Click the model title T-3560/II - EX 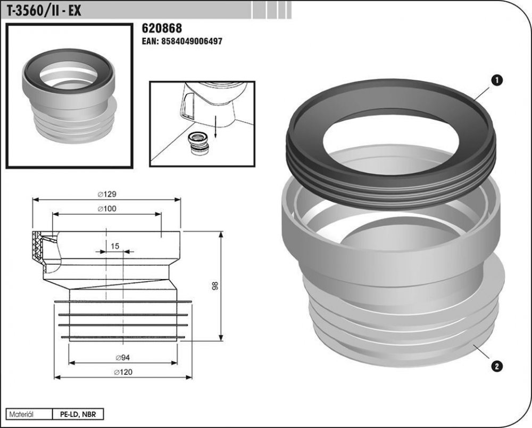coord(41,11)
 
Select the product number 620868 coord(162,28)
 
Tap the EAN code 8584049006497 coord(182,41)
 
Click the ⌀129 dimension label coord(107,194)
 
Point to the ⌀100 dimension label coord(107,208)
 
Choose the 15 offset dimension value coord(115,246)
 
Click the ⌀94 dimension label coord(123,357)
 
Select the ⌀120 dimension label coord(123,372)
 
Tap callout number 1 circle coord(497,80)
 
